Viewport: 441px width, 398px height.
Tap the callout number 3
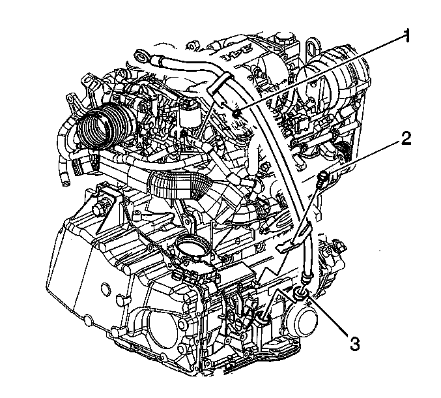coord(354,343)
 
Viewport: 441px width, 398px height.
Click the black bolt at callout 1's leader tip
coord(237,114)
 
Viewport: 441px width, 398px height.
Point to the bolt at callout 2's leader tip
coord(322,178)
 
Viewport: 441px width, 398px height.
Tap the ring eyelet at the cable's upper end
coord(141,55)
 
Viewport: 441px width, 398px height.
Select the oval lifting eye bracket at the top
coord(311,45)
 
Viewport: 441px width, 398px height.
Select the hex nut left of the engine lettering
coord(193,46)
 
